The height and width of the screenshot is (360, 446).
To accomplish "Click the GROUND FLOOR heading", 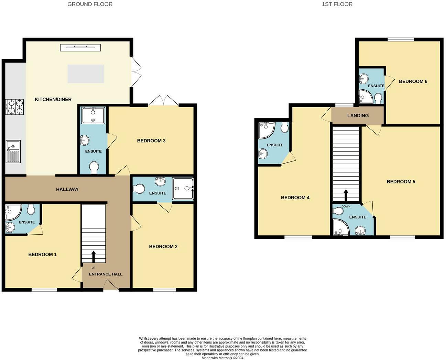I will [90, 4].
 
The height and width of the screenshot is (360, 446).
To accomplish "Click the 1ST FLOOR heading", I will [337, 4].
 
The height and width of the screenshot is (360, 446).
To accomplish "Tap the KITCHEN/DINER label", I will [53, 99].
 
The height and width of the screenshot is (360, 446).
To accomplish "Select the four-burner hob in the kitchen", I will [14, 107].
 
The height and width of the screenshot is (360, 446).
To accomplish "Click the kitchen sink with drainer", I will [13, 151].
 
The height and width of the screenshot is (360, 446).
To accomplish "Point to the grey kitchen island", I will [86, 74].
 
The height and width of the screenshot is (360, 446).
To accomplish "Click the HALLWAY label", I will [67, 189].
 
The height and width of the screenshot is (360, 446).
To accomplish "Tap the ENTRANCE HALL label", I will [106, 274].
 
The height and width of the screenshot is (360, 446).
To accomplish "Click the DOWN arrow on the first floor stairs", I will [346, 195].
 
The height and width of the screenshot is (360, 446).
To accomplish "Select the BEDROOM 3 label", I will [151, 140].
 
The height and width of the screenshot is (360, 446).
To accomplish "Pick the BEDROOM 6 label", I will [413, 81].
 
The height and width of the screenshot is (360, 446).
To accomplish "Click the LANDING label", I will [358, 115].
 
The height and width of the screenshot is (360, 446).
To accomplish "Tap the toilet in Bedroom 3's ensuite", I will [94, 168].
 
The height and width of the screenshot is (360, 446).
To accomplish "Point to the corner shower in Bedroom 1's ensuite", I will [13, 212].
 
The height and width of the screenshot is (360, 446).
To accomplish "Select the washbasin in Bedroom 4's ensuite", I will [263, 153].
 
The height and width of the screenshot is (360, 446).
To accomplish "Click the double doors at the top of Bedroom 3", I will [164, 101].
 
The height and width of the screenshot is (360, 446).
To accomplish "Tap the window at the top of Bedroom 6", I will [401, 40].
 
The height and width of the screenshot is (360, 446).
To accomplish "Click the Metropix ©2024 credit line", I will [222, 358].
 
